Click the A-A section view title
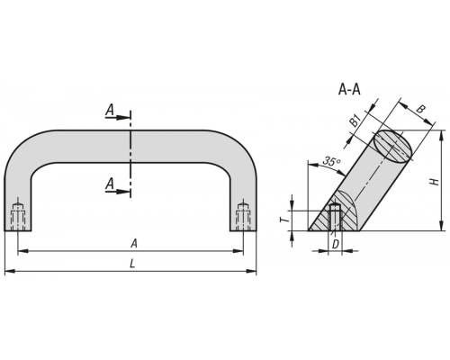click(349, 89)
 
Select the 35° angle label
click(331, 161)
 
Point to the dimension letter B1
click(355, 121)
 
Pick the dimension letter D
click(336, 245)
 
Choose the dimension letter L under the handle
click(132, 264)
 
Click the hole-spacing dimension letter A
click(134, 244)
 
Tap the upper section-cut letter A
click(110, 110)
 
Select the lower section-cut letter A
click(110, 184)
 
